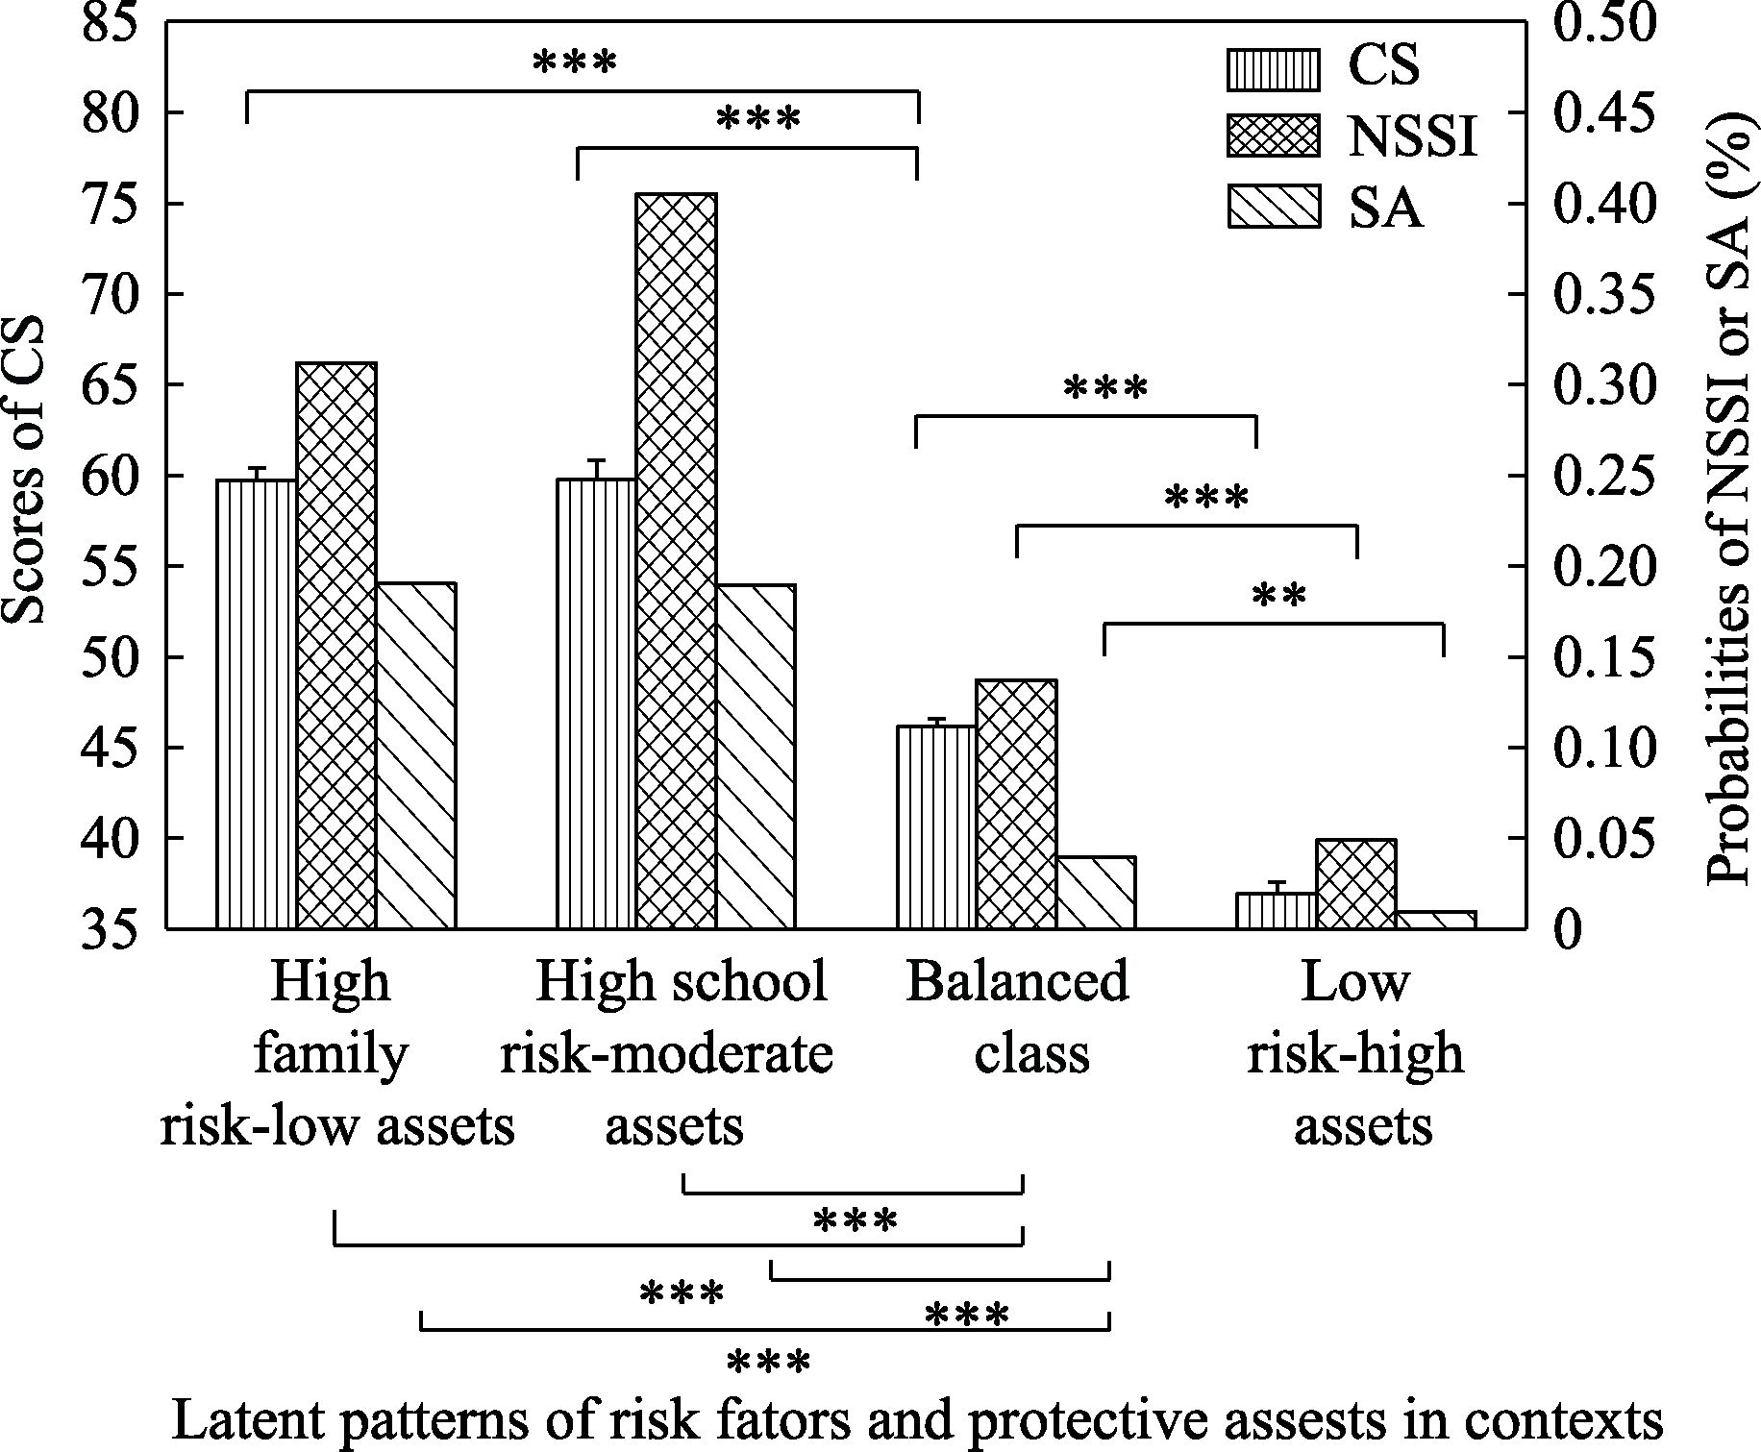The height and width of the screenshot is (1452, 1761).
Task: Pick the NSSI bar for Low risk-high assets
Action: point(1355,883)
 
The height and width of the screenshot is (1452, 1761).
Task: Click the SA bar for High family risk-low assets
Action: point(415,755)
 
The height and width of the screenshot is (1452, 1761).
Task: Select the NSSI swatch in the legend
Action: point(1273,137)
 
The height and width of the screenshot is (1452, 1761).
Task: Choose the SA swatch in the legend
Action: point(1273,207)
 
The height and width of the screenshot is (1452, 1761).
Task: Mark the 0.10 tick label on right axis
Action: point(1605,748)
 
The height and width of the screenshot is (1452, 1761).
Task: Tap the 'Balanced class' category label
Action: point(1019,1018)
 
